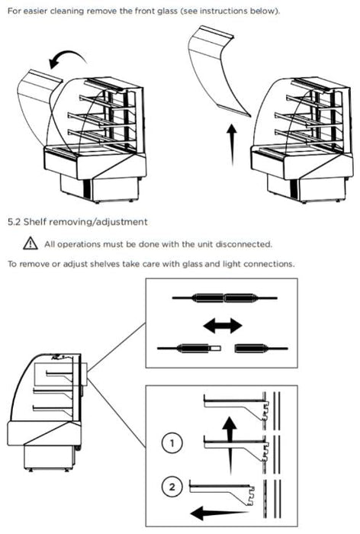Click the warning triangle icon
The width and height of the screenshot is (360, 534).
click(31, 243)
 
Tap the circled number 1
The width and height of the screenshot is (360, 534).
click(172, 443)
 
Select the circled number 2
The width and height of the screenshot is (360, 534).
click(172, 487)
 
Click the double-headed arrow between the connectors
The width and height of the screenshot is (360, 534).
click(223, 326)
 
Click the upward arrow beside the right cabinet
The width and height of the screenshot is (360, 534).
click(232, 145)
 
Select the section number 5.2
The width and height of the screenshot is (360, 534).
click(14, 222)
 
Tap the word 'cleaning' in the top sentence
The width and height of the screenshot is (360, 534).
click(67, 11)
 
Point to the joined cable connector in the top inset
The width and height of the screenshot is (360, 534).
click(224, 298)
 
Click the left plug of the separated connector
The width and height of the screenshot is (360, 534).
click(190, 349)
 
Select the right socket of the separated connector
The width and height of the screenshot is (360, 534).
click(262, 349)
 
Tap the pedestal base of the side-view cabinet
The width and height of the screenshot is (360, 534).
click(50, 458)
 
